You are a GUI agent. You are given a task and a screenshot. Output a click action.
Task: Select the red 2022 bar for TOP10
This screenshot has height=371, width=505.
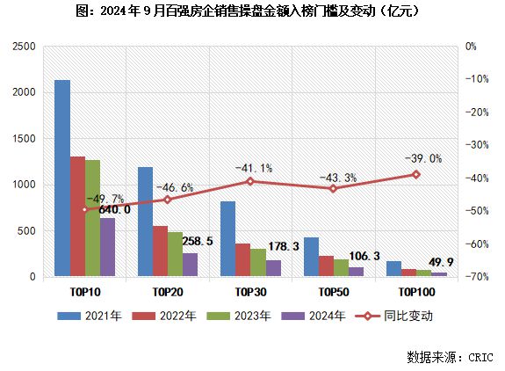77,216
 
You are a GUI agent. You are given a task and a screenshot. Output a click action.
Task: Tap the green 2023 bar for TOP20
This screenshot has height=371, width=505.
175,254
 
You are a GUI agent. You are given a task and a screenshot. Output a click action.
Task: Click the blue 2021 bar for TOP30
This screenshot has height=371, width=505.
227,238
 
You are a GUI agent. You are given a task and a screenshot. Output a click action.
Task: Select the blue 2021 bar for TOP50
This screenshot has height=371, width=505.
311,257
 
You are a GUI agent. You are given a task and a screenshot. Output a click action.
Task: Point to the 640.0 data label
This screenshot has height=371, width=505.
114,209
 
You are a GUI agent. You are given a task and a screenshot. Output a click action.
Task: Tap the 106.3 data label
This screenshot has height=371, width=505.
364,256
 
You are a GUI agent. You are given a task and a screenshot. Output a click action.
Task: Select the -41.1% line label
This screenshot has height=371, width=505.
252,167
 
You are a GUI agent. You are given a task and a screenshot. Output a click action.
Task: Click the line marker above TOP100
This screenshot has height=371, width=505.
416,174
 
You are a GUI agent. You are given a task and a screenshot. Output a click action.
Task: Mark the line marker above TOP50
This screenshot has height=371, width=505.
333,188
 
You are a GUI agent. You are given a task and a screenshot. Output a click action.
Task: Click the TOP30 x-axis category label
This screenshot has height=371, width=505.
250,291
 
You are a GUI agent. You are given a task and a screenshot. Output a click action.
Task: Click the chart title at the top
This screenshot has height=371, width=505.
252,11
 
